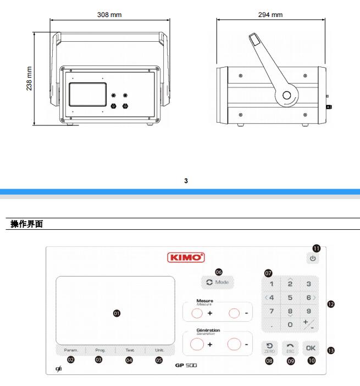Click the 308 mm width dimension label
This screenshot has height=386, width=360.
[x=109, y=14]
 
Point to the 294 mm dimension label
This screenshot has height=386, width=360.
[x=270, y=14]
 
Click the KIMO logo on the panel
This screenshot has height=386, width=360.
[x=186, y=257]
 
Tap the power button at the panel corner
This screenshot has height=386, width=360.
[x=313, y=258]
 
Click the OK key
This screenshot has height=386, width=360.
[x=311, y=348]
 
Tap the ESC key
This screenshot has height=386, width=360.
[x=291, y=348]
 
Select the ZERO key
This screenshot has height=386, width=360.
[x=269, y=348]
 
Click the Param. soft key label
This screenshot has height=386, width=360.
[x=71, y=350]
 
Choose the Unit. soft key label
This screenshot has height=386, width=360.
[x=159, y=350]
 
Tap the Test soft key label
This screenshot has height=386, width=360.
[x=130, y=350]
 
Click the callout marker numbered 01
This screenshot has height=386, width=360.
[x=117, y=312]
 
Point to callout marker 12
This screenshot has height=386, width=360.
[x=331, y=304]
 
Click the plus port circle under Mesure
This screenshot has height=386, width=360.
[x=197, y=313]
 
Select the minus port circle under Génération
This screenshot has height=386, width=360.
[x=234, y=345]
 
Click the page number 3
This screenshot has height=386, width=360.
[x=186, y=180]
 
